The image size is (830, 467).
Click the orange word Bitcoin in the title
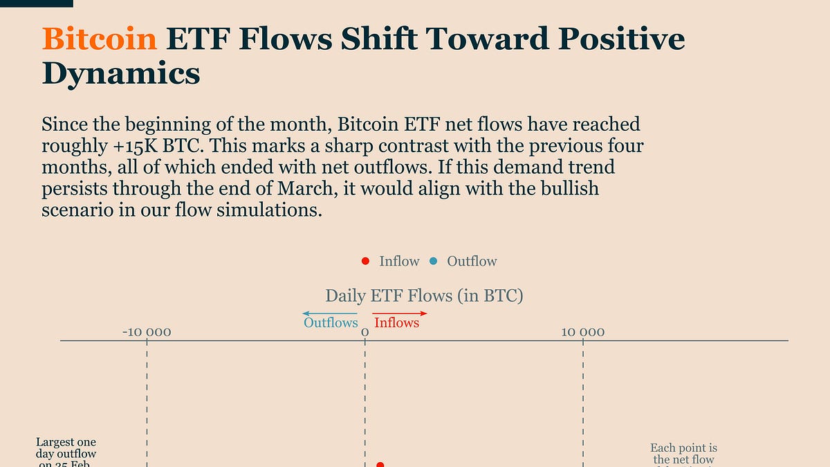100,39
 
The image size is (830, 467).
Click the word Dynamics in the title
121,73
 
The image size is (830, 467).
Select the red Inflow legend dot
366,261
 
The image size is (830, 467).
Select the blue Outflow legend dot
434,261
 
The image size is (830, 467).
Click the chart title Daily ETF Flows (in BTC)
424,296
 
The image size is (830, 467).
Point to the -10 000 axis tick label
147,332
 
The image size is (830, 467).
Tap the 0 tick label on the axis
365,333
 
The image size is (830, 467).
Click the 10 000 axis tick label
582,332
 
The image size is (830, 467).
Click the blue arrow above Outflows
330,314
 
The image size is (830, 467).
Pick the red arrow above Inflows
400,314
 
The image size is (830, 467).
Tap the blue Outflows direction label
331,322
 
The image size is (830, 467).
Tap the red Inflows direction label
396,322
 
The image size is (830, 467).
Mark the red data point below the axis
380,465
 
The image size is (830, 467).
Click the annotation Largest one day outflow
66,453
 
